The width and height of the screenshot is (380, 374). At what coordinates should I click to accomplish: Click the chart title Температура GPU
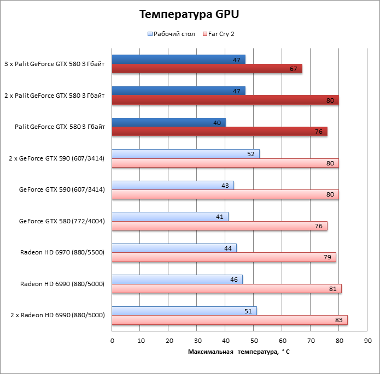[189, 14]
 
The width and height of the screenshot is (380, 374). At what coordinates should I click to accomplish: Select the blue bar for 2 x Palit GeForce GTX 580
[178, 91]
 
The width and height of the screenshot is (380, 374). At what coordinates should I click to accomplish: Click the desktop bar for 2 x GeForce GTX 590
[185, 154]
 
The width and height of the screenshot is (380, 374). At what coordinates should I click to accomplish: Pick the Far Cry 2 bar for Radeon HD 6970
[224, 257]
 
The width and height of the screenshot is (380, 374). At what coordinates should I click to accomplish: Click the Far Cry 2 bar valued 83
[229, 320]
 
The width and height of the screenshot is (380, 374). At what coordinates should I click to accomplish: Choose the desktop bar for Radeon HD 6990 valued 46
[177, 280]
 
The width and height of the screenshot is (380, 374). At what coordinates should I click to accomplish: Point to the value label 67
[293, 69]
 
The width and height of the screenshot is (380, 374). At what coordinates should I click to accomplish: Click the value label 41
[219, 217]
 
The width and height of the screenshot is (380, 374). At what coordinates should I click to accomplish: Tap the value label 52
[251, 154]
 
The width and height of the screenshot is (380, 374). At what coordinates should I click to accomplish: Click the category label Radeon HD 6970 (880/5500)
[62, 252]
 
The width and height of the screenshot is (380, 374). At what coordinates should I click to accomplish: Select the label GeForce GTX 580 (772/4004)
[62, 221]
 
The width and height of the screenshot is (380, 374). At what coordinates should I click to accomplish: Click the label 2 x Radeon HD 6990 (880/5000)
[57, 315]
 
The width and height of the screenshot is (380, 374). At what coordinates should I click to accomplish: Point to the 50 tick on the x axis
[254, 341]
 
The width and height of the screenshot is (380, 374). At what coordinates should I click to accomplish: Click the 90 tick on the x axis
[367, 341]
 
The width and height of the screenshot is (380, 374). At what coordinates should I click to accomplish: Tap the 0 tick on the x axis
[112, 341]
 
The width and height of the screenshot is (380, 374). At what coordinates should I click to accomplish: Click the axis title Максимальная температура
[239, 352]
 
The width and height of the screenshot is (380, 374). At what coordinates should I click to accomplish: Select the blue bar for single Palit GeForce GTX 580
[168, 122]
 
